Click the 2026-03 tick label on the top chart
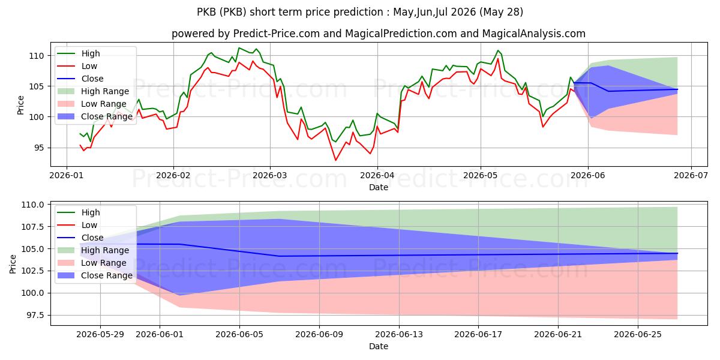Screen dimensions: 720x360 (270, 175)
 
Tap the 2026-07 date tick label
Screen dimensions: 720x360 (691, 175)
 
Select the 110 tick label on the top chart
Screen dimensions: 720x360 (36, 56)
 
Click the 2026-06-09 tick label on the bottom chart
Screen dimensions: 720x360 (319, 335)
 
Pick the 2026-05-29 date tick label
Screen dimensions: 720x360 (100, 335)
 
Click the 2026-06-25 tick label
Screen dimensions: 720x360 (638, 335)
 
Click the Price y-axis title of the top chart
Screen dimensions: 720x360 (20, 105)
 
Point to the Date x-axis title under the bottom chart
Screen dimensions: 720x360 (379, 347)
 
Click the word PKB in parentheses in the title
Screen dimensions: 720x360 (233, 12)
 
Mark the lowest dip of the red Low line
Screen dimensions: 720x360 (335, 160)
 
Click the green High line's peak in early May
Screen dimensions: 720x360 (498, 50)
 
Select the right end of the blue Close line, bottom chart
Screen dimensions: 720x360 (677, 253)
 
